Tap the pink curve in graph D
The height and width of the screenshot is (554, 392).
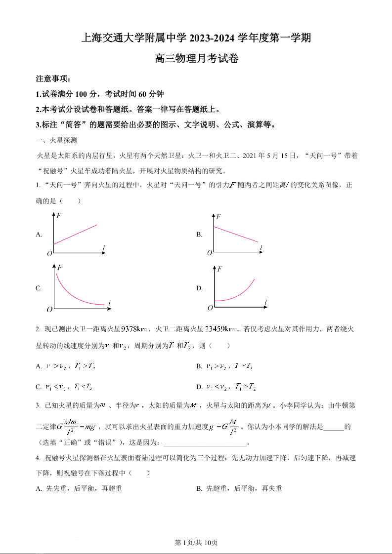coord(237,295)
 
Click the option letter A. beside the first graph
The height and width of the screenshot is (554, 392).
coord(39,235)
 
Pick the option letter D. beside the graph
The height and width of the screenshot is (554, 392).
coord(199,288)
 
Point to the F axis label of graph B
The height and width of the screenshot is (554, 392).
coord(218,217)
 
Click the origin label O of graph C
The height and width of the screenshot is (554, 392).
coord(49,309)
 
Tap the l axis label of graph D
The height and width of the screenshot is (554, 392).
coord(265,302)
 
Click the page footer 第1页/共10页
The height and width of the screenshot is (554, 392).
coord(196,543)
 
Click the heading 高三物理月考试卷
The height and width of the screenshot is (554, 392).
coord(196,59)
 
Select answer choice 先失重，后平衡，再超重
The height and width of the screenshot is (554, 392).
coord(84,489)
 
